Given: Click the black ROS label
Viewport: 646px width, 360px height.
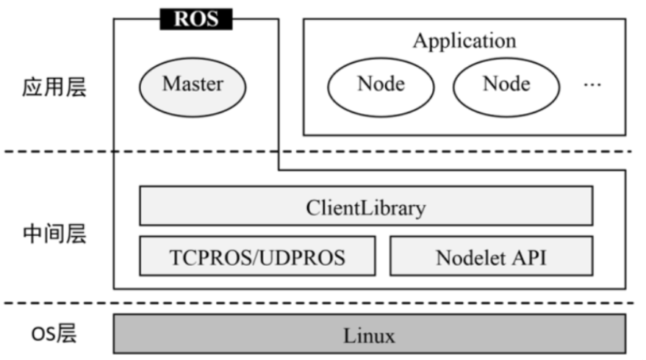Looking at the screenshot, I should pos(195,18).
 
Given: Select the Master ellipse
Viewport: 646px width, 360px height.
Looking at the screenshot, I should pos(193,84).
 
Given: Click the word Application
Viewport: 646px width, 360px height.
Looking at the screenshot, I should pos(464,40).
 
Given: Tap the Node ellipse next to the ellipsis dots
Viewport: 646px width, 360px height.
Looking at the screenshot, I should pos(506,84).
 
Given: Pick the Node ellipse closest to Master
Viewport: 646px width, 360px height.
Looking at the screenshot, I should pos(381,84).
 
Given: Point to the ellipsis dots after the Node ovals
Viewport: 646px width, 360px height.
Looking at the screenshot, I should pos(592,85).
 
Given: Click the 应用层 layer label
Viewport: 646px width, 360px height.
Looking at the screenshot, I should pos(54,87).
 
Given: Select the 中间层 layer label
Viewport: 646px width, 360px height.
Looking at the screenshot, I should pos(54,234).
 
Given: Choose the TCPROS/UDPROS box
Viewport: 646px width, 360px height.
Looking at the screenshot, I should pos(256,257).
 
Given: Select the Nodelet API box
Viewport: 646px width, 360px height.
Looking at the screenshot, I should pos(490,257).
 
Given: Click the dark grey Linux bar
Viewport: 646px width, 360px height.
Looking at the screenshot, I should pos(369,336).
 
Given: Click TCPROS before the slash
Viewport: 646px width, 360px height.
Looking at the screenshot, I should pos(206,258).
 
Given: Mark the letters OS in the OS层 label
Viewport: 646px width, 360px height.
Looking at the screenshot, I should pos(41,335).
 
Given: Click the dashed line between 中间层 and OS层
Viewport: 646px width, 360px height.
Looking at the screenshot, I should pos(367,303).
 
